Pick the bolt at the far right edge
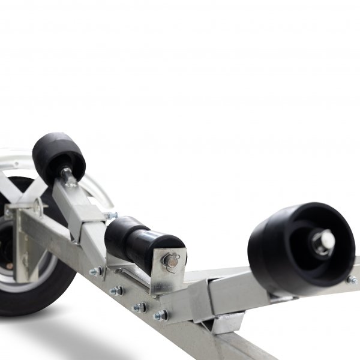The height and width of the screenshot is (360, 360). pyautogui.click(x=351, y=280)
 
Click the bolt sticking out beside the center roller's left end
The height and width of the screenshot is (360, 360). pyautogui.click(x=110, y=215)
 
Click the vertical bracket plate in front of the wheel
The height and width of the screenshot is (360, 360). pyautogui.click(x=24, y=246)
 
